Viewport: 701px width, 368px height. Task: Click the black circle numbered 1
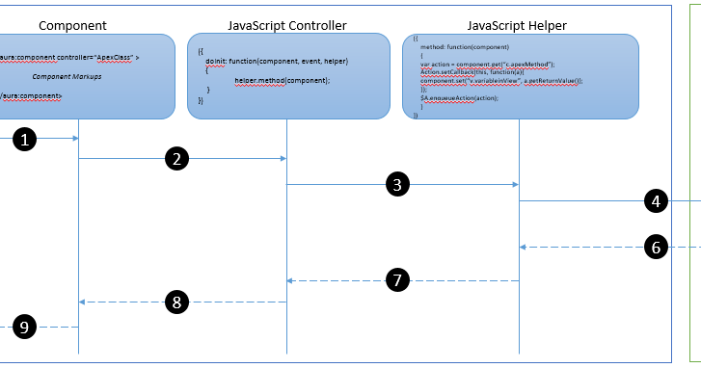(x=27, y=139)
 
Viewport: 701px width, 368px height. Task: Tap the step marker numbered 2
(x=175, y=160)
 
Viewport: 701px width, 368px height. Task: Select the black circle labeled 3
(x=398, y=184)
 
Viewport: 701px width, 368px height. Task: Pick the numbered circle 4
(x=656, y=201)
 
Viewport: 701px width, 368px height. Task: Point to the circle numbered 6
(x=656, y=248)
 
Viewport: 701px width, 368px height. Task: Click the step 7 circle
(x=396, y=280)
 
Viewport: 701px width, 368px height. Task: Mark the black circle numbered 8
(x=175, y=302)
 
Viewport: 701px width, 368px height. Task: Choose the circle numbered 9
(x=27, y=328)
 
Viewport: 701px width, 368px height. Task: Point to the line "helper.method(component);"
(x=283, y=80)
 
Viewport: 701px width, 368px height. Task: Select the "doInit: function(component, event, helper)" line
(x=276, y=61)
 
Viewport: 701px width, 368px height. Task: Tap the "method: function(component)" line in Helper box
(x=465, y=45)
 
